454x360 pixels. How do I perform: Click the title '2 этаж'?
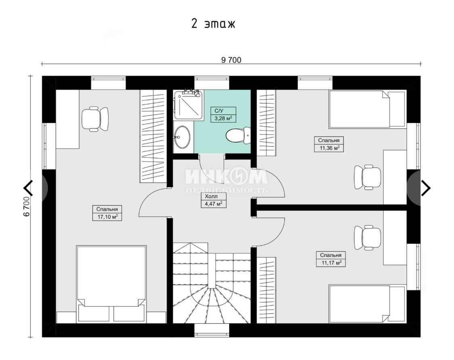213,24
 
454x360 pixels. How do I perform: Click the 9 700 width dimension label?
231,60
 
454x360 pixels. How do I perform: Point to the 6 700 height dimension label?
27,206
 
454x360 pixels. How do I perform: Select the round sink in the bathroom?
182,137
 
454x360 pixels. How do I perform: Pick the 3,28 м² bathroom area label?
223,114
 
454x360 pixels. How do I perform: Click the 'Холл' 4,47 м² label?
213,200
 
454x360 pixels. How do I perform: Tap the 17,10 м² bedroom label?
107,213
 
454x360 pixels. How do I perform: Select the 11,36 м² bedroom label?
329,144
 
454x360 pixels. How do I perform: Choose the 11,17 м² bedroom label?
331,259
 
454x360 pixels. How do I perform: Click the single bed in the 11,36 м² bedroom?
367,109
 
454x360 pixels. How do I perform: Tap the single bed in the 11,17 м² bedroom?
367,304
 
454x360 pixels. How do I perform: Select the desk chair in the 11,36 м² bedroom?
367,177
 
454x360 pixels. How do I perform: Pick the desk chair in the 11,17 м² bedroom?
367,238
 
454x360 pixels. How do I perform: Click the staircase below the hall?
211,283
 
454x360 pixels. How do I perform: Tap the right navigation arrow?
425,188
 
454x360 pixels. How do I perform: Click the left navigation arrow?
28,188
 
